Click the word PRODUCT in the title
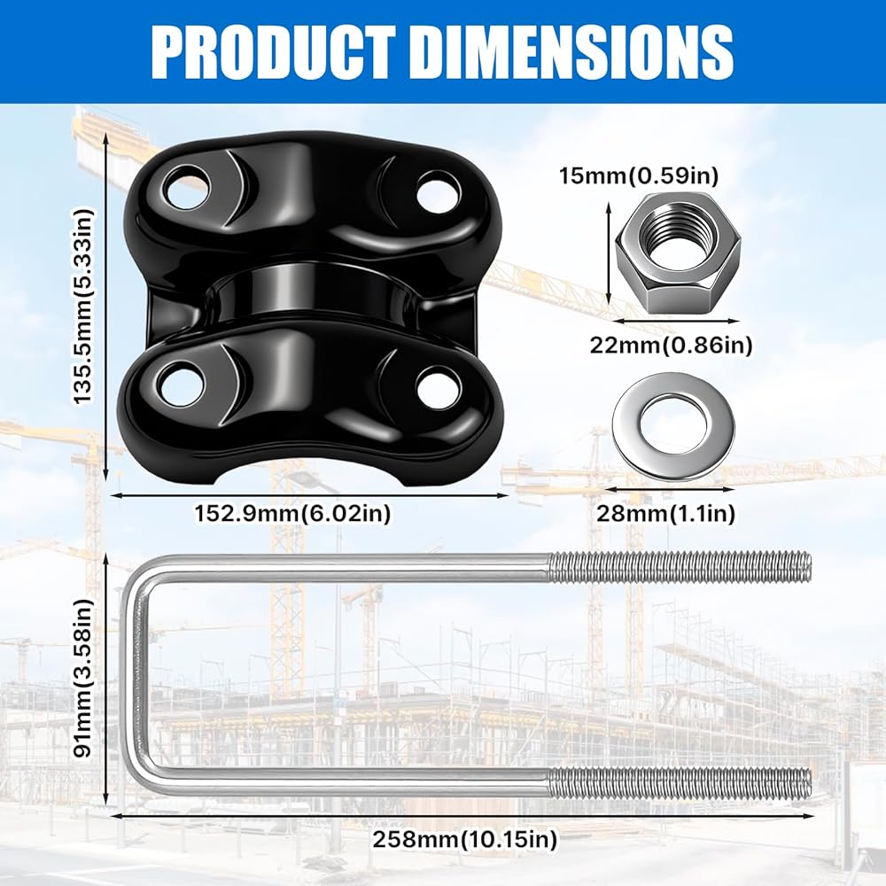click(274, 51)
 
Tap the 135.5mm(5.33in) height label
click(84, 306)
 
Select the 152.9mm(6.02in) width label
click(292, 514)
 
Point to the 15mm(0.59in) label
click(639, 175)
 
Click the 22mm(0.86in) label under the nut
click(672, 345)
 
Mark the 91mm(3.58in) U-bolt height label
click(84, 679)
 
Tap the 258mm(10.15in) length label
click(464, 839)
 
